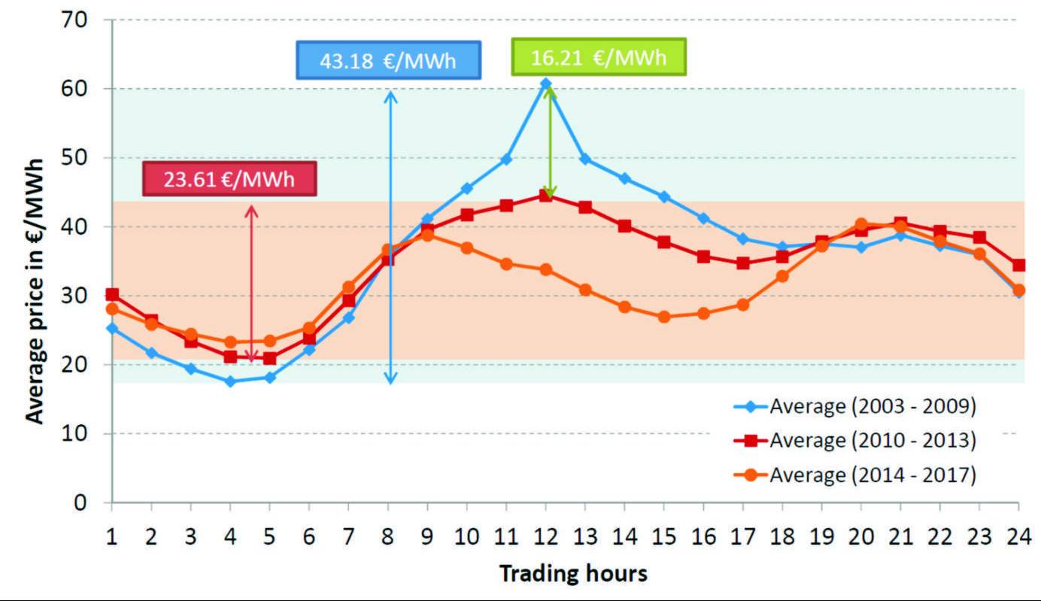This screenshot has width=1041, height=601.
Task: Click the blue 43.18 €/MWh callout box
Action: click(388, 60)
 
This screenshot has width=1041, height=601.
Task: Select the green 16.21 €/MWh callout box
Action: click(598, 57)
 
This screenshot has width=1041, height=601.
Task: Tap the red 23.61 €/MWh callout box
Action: click(229, 181)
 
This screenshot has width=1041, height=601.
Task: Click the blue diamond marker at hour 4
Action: click(230, 381)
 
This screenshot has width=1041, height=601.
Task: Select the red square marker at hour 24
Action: click(1018, 265)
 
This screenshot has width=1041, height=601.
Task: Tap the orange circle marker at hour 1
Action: click(112, 308)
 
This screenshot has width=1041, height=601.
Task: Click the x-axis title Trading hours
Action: click(573, 574)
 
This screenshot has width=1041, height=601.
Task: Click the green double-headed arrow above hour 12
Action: click(550, 143)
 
